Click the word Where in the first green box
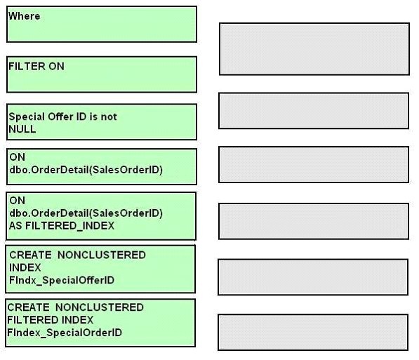(25, 16)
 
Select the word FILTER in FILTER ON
(27, 66)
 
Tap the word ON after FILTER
(56, 66)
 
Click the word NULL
(22, 129)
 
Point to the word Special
(27, 116)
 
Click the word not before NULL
(109, 116)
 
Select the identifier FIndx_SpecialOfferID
(62, 281)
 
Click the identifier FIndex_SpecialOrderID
(65, 333)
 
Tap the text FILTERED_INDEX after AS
(69, 226)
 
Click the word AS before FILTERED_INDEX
(15, 226)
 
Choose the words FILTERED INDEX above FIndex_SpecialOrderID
(51, 320)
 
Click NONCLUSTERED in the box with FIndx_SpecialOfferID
(102, 255)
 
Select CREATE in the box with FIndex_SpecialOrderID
(28, 307)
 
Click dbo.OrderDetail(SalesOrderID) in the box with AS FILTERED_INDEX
(86, 213)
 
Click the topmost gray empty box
(314, 49)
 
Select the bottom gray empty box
(313, 332)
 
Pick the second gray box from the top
(314, 111)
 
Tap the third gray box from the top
(314, 164)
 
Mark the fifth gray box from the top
(313, 277)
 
